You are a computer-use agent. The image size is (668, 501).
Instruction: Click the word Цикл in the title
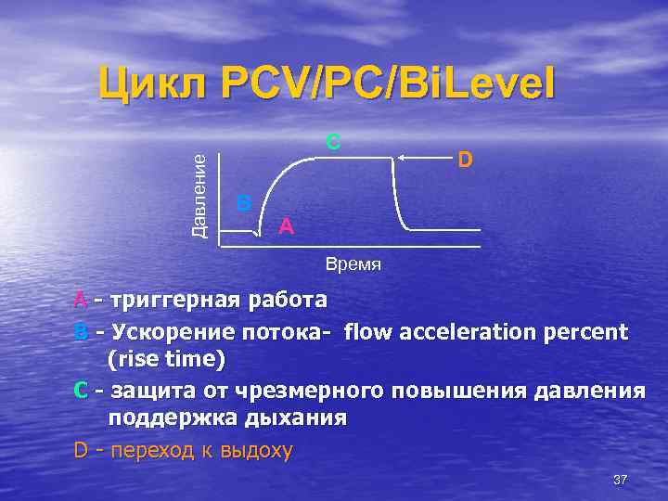[x=152, y=84]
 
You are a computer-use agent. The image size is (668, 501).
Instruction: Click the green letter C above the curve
[x=333, y=142]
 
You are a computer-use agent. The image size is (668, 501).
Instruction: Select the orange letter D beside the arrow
[x=466, y=161]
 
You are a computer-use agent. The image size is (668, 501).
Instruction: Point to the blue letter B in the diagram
[x=243, y=202]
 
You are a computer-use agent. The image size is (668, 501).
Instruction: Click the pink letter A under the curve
[x=287, y=225]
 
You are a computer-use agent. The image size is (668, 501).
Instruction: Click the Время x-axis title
[x=353, y=264]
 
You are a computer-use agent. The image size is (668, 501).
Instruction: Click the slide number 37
[x=621, y=479]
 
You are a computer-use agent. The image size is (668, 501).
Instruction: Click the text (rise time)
[x=167, y=359]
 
